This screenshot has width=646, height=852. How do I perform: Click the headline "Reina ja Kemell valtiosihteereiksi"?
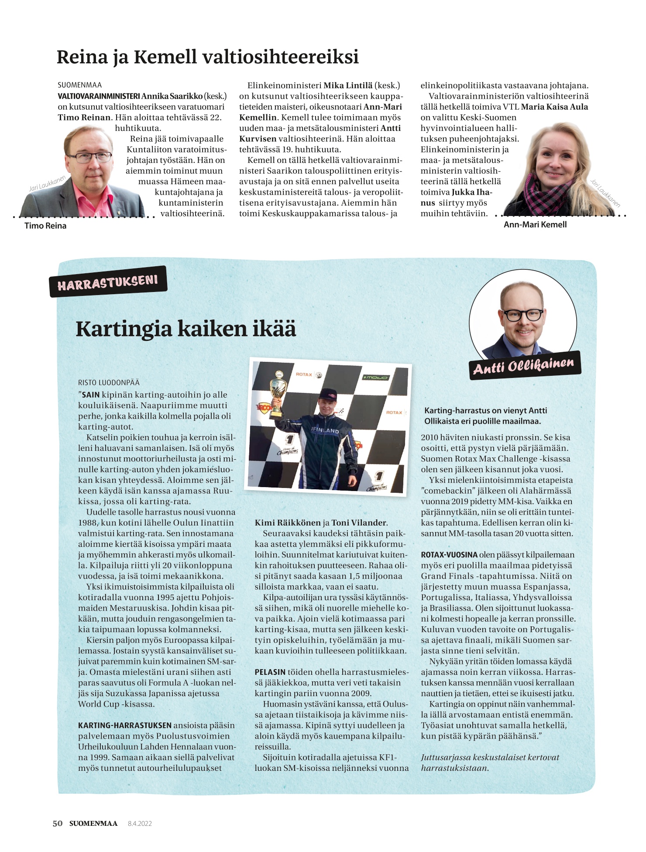click(x=207, y=57)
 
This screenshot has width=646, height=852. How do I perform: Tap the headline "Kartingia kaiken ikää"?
click(x=186, y=329)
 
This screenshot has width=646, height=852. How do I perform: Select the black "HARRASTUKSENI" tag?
click(x=108, y=282)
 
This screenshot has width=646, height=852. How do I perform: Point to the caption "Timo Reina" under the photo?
click(x=45, y=226)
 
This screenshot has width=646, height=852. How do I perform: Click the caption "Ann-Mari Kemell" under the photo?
click(x=535, y=224)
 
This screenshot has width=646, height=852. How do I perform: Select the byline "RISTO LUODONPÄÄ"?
click(x=109, y=383)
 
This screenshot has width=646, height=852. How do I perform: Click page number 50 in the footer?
click(x=58, y=824)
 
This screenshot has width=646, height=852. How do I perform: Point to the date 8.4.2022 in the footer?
click(x=140, y=824)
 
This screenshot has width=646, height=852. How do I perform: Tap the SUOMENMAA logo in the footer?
click(x=93, y=824)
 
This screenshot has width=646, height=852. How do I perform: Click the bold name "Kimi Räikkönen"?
click(x=287, y=523)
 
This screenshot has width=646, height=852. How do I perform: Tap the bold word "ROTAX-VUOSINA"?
click(x=449, y=555)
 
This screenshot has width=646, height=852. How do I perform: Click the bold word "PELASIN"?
click(x=270, y=672)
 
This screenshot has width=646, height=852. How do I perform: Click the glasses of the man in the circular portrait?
click(x=522, y=315)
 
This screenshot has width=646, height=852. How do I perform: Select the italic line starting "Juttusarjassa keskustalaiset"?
click(x=490, y=757)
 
